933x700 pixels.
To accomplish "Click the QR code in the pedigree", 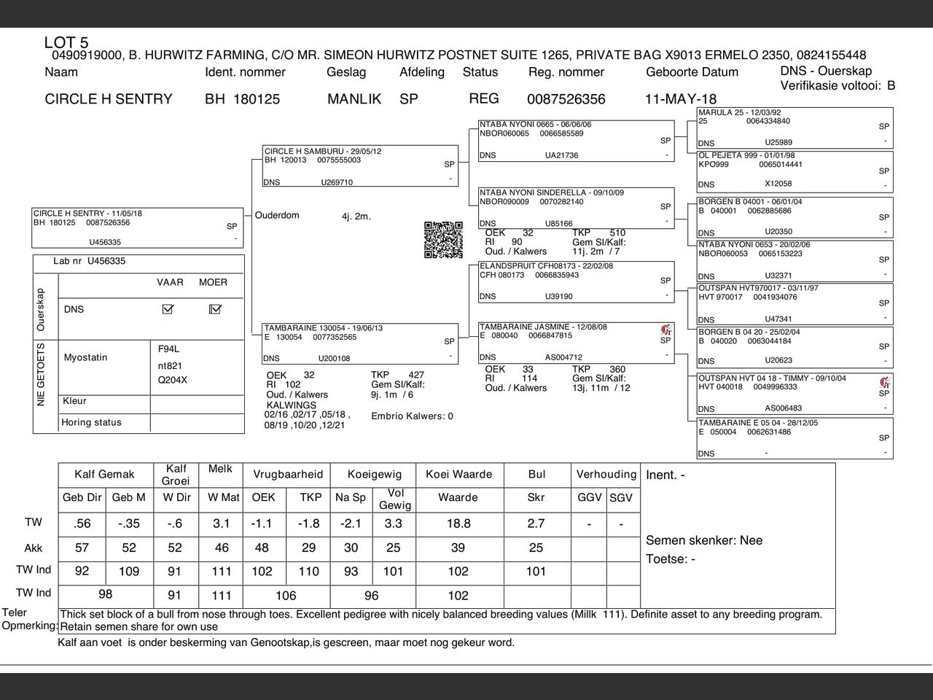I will coord(443,240).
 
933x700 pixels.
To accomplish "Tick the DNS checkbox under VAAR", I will coord(168,309).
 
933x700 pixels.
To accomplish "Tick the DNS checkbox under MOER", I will coord(214,309).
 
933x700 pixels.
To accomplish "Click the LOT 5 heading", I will coord(66,42).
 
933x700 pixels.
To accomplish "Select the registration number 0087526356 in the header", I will coord(566,99).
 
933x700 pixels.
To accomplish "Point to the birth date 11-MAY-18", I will coord(680,99).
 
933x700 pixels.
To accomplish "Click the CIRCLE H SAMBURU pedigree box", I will coord(361,166).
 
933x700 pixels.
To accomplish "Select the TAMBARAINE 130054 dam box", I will coord(360,343).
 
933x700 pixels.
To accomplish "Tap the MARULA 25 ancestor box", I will coord(795,128).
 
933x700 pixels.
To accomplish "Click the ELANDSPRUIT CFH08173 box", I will coord(576,281).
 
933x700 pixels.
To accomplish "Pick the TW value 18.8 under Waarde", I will coord(458,524).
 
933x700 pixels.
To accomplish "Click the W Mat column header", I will coord(222,497).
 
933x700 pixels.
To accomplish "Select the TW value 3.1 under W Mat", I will coord(222,524).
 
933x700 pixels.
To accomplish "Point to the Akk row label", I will coord(34,548).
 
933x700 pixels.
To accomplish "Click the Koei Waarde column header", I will coord(458,474).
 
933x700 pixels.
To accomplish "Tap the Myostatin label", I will coord(85,357).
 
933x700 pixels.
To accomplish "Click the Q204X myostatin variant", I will coord(173,380).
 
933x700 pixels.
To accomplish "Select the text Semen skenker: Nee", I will coord(704,540).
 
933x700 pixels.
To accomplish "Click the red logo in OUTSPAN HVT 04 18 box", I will coord(885,382).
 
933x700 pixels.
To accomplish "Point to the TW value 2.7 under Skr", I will coord(536,524).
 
